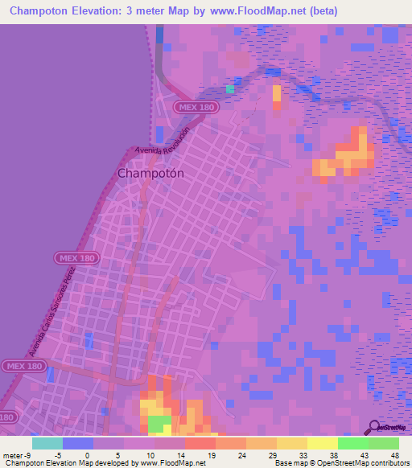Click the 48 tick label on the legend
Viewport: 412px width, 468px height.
click(394, 454)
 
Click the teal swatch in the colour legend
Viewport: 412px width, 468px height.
click(47, 443)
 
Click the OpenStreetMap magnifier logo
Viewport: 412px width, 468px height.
click(373, 427)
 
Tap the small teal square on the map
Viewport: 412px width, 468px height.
click(231, 88)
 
